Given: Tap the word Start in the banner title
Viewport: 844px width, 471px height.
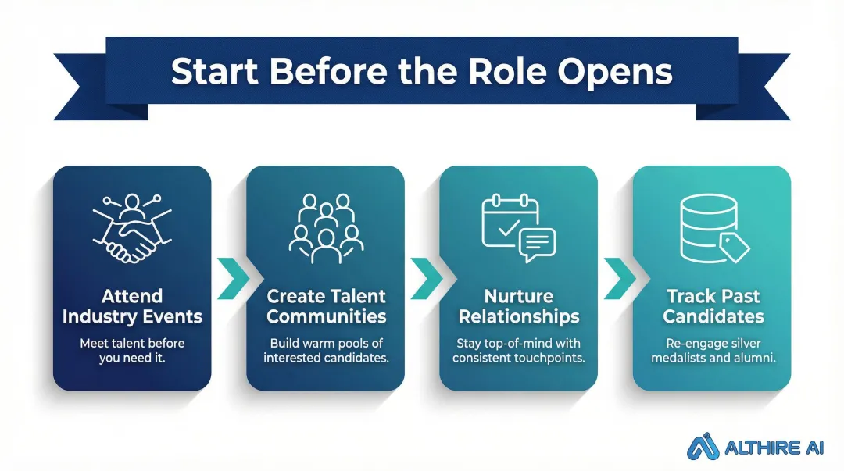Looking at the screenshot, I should click(213, 71).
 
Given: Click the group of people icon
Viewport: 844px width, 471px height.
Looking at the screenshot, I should click(324, 227).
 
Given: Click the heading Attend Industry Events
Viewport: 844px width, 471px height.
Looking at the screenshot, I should click(132, 306).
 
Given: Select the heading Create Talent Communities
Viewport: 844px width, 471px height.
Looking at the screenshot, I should click(326, 306).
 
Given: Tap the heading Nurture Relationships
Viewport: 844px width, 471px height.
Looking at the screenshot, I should click(518, 306).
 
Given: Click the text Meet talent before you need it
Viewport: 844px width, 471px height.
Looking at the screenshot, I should click(132, 351).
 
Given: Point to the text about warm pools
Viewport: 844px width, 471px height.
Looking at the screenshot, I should click(326, 351).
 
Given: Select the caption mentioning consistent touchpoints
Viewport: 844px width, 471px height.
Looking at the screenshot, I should click(518, 351).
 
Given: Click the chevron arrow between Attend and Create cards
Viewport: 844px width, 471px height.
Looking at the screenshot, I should click(230, 277).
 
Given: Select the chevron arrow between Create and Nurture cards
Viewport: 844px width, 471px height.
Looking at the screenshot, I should click(423, 277).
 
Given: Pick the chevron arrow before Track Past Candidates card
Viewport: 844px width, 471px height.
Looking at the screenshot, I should click(616, 277).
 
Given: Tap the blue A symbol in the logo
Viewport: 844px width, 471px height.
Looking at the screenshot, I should click(702, 446).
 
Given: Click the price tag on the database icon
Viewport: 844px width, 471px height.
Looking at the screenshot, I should click(735, 246).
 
